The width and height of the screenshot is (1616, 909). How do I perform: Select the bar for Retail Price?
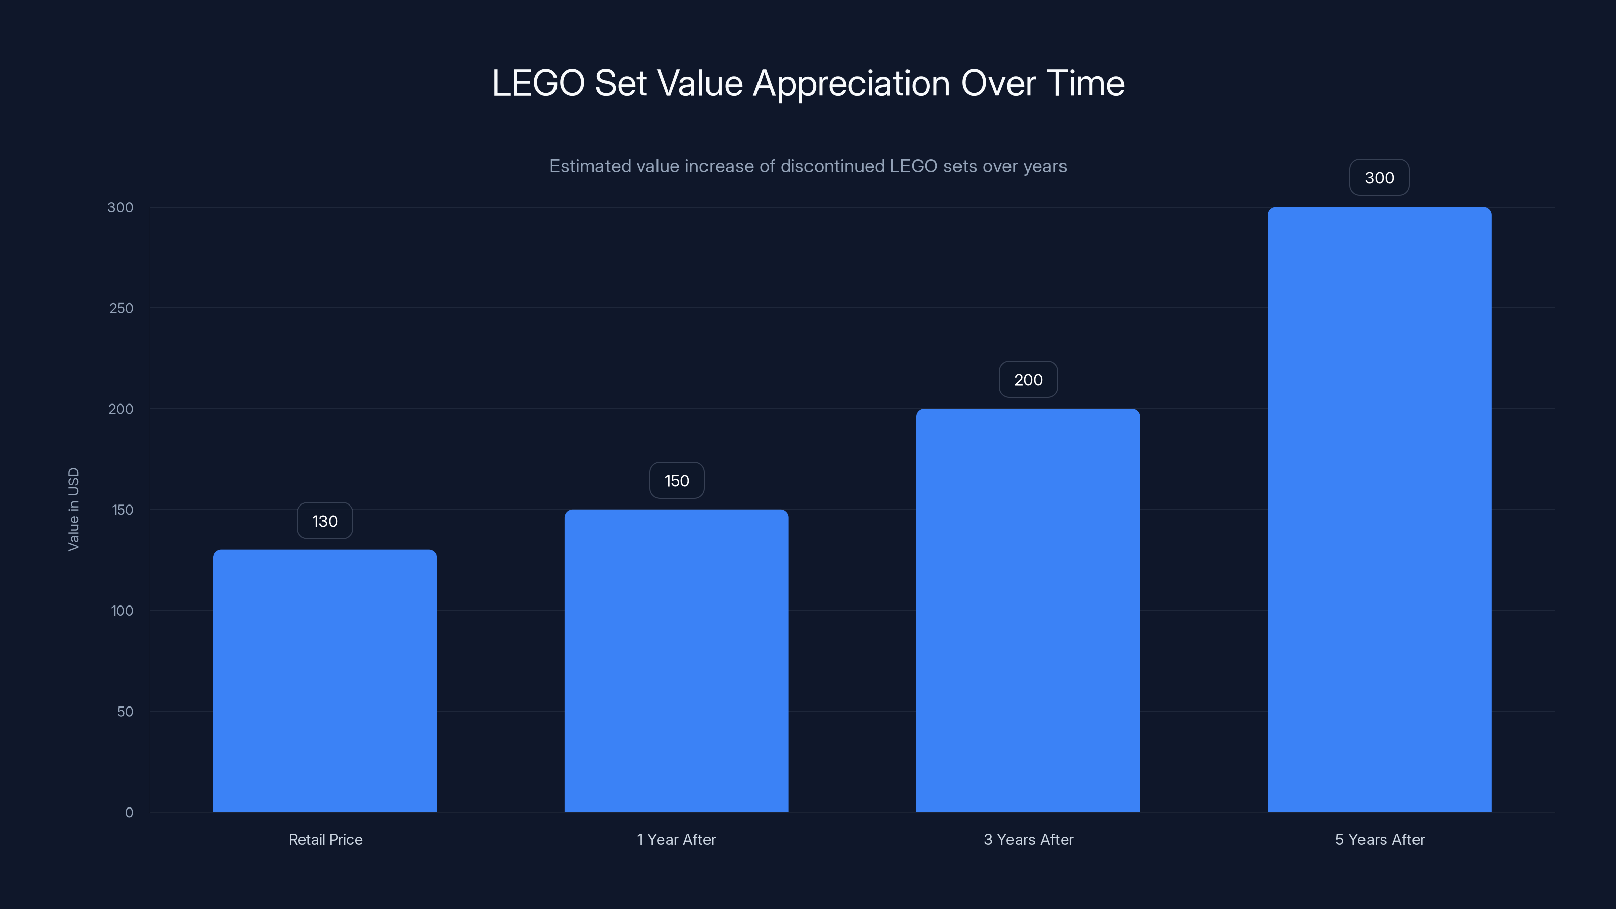325,681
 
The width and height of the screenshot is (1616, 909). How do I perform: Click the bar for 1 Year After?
676,660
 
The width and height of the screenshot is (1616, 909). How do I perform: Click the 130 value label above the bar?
325,521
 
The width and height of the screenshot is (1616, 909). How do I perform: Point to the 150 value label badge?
676,481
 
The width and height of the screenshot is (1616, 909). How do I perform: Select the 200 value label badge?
1028,380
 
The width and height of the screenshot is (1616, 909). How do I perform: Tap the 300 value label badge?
1379,178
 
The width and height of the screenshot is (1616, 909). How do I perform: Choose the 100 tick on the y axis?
122,611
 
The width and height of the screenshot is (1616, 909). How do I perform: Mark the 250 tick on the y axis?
121,308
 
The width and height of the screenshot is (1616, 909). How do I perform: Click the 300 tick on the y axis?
121,207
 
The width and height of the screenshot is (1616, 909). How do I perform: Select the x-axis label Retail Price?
325,839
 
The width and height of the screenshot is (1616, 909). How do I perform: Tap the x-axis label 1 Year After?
676,839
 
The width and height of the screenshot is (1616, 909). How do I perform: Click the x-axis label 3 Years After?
1028,839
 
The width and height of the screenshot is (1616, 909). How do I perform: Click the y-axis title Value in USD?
73,510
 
